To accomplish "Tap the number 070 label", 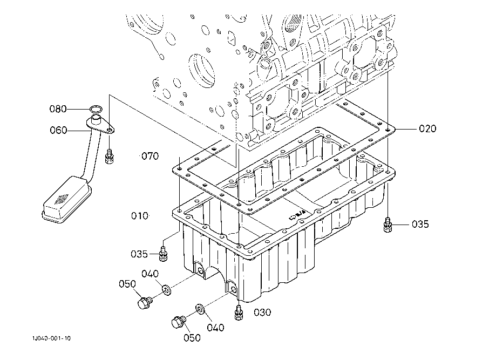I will (x=150, y=157).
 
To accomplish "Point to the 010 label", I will (x=139, y=216).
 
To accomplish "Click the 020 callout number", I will (x=427, y=128).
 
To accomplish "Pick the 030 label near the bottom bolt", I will (x=262, y=312).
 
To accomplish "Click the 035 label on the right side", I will (x=420, y=224).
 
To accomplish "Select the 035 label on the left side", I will (x=139, y=253).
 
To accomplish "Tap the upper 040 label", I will (x=150, y=274).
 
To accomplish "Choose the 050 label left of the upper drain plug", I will (x=128, y=284).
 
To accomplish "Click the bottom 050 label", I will (x=192, y=338).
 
